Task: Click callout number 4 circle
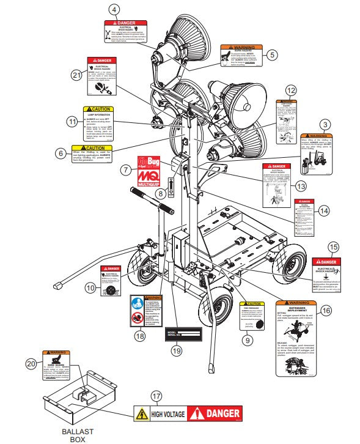115,9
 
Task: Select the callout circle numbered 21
76,75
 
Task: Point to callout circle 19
177,350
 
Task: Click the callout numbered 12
291,90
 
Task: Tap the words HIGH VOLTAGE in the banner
167,414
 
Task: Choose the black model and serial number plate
182,333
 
